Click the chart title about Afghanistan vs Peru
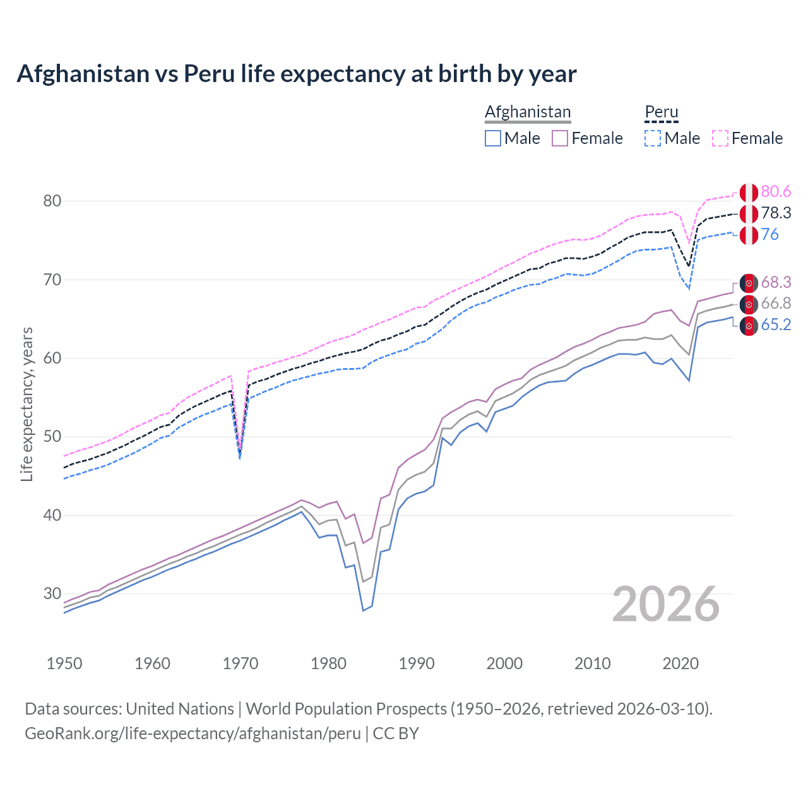pyautogui.click(x=296, y=74)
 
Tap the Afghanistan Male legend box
pyautogui.click(x=493, y=138)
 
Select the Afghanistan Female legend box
pyautogui.click(x=560, y=138)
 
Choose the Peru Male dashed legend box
pyautogui.click(x=653, y=138)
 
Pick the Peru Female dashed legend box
pyautogui.click(x=720, y=138)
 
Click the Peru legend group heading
pyautogui.click(x=661, y=112)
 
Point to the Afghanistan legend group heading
pyautogui.click(x=528, y=112)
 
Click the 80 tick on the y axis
pyautogui.click(x=52, y=201)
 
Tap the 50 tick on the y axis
pyautogui.click(x=52, y=437)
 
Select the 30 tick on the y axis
pyautogui.click(x=52, y=593)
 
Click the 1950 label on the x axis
pyautogui.click(x=64, y=663)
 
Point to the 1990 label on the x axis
pyautogui.click(x=417, y=663)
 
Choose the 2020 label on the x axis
pyautogui.click(x=680, y=663)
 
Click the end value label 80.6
pyautogui.click(x=776, y=192)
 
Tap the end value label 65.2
pyautogui.click(x=776, y=325)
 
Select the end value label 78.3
pyautogui.click(x=776, y=213)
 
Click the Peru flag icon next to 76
pyautogui.click(x=749, y=235)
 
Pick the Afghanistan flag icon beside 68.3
pyautogui.click(x=749, y=283)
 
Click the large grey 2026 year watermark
pyautogui.click(x=666, y=605)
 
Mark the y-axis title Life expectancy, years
pyautogui.click(x=27, y=404)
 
